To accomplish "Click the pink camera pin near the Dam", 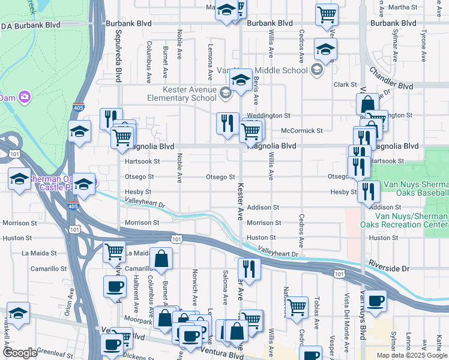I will point(24,97).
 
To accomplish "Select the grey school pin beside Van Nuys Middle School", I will point(316,70).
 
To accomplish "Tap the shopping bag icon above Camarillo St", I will point(161,259).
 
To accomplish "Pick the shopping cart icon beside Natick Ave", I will point(297,307).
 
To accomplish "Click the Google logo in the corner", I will point(20,353).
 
